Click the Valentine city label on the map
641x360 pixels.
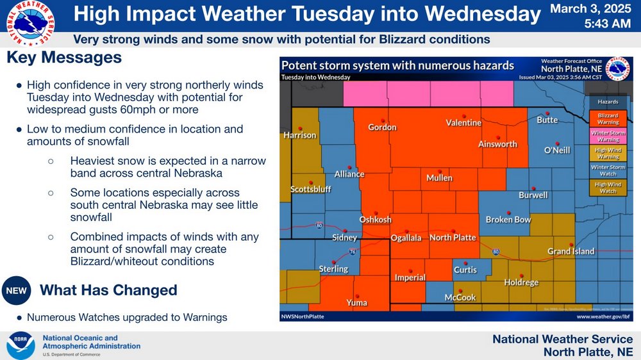[463, 123]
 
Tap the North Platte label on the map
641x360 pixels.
[453, 238]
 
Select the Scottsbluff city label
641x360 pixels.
[310, 190]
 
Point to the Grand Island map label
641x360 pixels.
[570, 252]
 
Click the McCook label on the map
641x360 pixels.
[460, 297]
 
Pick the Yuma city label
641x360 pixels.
[356, 302]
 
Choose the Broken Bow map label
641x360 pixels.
[508, 220]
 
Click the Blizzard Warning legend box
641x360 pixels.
[608, 118]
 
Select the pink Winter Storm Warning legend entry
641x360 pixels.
[608, 136]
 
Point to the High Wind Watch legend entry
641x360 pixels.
[608, 188]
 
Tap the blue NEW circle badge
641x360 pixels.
[16, 291]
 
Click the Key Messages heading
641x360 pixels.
[64, 58]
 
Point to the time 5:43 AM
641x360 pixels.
[608, 24]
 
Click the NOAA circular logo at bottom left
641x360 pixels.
[21, 345]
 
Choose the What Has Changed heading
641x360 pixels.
[108, 290]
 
